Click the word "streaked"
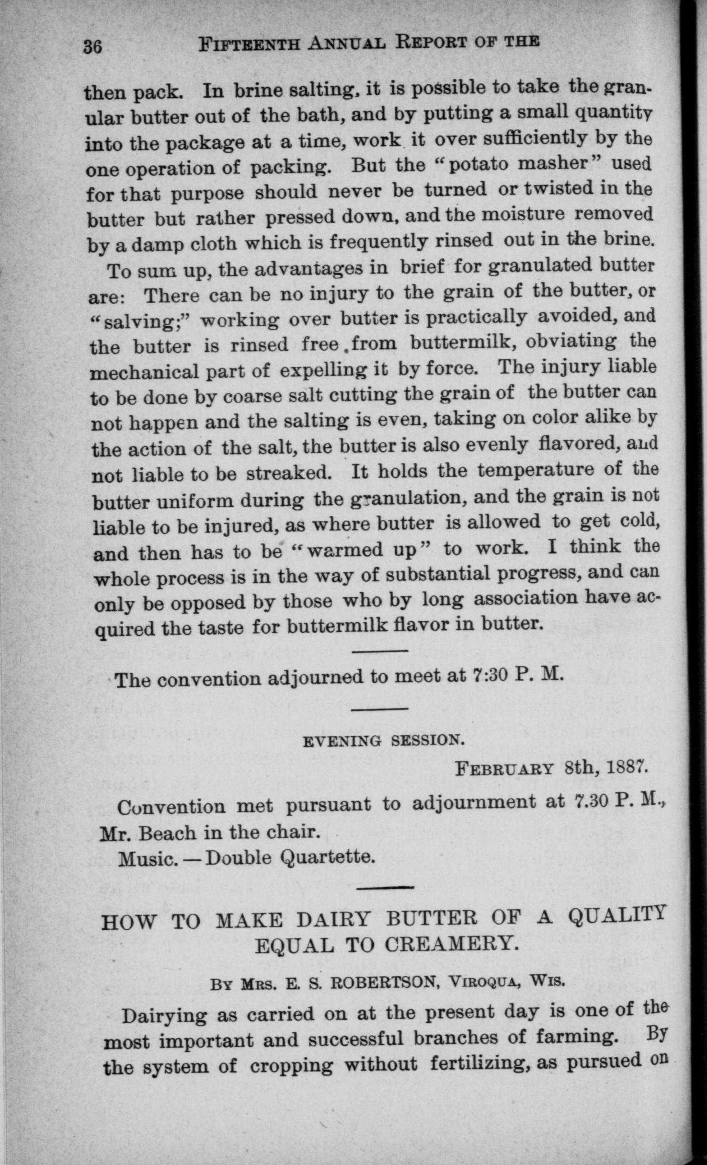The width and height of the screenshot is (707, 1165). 289,473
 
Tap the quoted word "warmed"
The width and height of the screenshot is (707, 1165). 344,550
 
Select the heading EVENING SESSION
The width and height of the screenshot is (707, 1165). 384,741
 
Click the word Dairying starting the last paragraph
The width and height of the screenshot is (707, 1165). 164,1015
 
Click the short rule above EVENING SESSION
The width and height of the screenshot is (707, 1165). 379,709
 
